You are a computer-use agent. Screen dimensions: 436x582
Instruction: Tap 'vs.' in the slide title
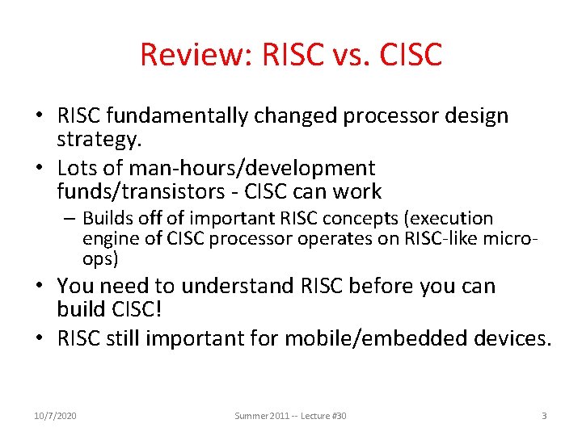339,55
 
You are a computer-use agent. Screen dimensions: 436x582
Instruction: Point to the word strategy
99,139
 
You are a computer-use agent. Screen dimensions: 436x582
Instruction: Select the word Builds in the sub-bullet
108,219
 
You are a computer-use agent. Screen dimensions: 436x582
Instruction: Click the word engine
108,239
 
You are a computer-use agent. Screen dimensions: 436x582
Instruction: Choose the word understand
226,286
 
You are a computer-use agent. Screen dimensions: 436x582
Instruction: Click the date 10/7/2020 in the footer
55,415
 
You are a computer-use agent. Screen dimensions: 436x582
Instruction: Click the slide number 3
543,415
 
